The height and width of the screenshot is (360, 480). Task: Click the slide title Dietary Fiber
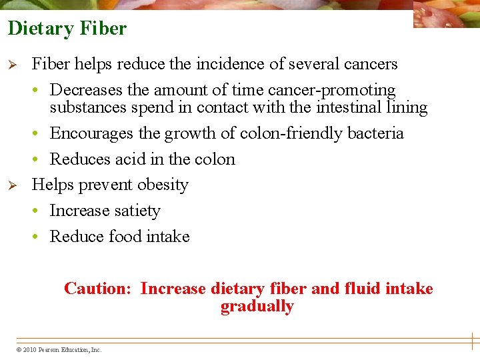point(67,29)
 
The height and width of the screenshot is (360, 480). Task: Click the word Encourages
point(92,133)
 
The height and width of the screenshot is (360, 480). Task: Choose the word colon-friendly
point(285,133)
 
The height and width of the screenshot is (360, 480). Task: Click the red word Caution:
point(99,289)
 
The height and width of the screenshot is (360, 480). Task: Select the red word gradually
point(257,307)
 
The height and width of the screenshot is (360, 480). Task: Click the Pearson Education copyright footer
point(59,349)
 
